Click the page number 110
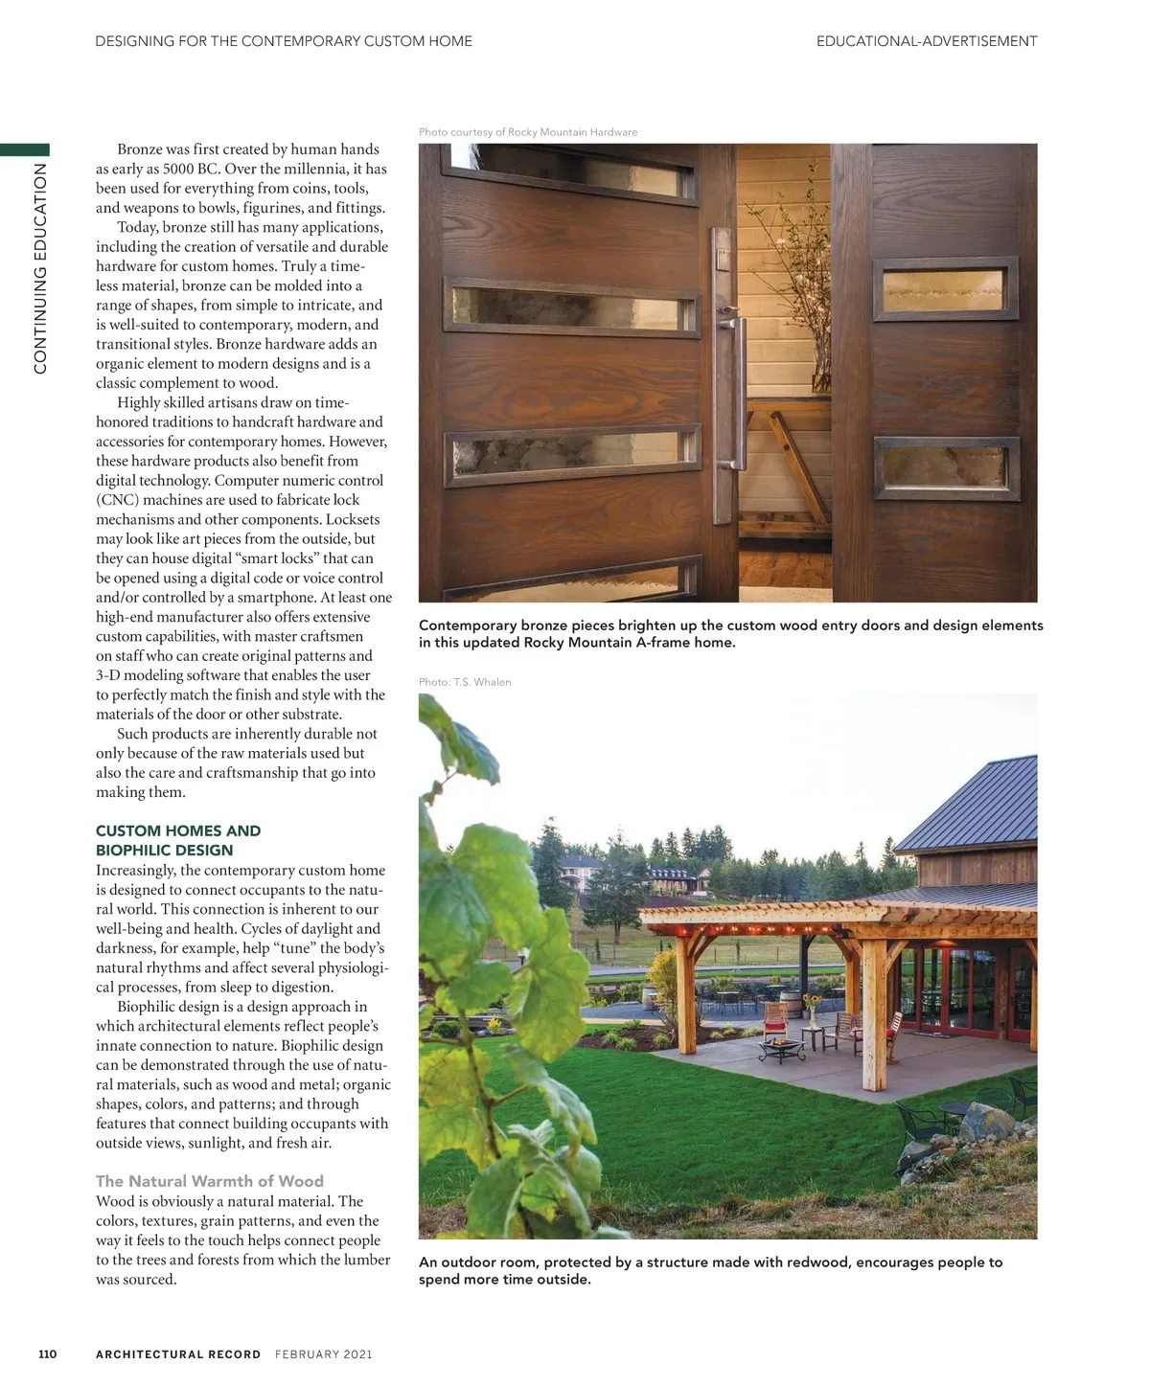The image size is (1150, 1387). [48, 1353]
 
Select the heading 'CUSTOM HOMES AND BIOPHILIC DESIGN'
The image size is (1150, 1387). [178, 840]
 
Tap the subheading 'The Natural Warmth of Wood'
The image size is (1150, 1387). [210, 1181]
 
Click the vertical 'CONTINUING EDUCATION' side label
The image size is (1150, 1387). [40, 268]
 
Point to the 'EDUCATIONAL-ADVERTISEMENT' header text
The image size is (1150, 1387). [926, 41]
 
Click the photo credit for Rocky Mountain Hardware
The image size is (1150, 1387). [528, 132]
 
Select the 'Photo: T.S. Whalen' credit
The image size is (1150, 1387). [465, 682]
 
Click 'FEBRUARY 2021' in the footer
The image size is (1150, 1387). [323, 1354]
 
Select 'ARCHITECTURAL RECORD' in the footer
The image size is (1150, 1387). [178, 1354]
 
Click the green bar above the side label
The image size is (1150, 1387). [25, 149]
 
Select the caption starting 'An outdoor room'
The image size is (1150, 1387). [710, 1270]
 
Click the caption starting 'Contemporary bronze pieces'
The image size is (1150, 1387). [730, 633]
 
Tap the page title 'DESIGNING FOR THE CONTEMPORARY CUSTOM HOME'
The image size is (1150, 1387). [284, 41]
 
